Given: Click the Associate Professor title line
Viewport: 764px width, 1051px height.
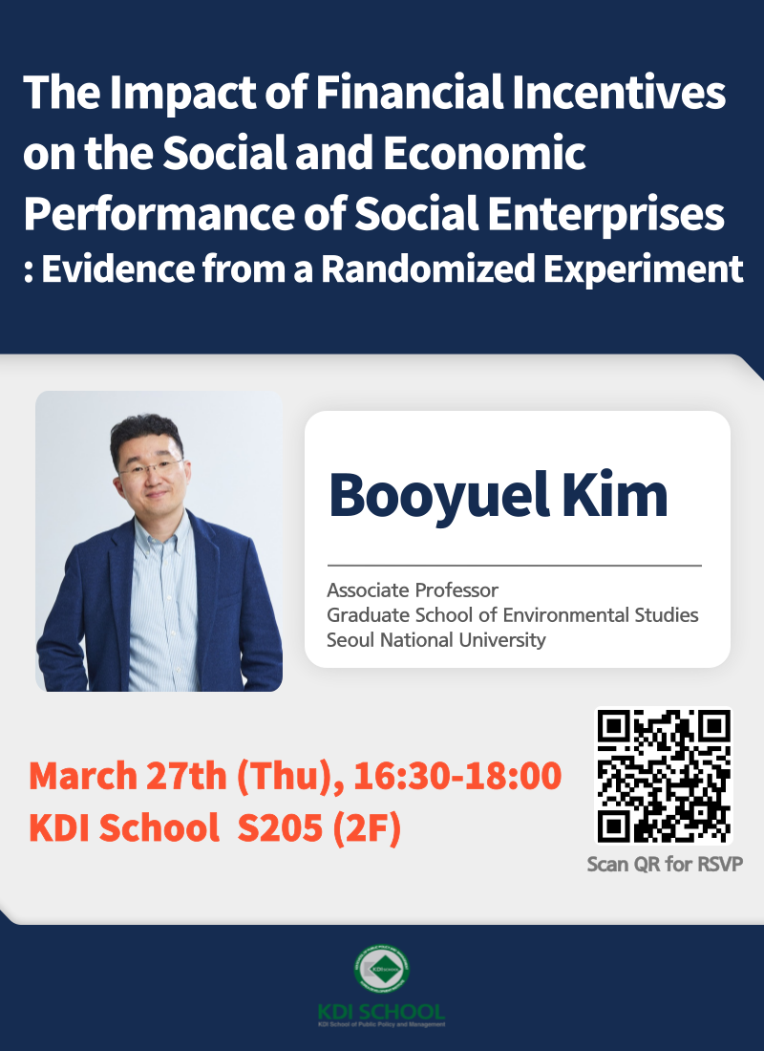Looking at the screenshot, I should tap(413, 590).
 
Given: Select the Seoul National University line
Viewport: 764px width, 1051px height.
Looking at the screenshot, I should tap(435, 640).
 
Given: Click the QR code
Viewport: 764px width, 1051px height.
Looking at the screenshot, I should tap(664, 775).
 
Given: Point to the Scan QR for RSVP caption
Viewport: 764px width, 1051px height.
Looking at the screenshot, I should tap(665, 864).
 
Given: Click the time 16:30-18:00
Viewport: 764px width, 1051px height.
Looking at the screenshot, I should tap(457, 777).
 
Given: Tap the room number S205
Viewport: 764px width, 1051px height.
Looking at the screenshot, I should tap(277, 828).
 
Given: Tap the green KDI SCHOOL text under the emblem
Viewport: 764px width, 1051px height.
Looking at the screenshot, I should tap(382, 1011).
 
